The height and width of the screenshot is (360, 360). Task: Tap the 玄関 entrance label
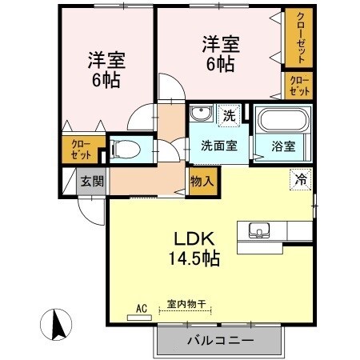point(91,181)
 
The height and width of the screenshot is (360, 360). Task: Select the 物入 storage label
point(202,181)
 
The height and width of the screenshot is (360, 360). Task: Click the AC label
point(142,306)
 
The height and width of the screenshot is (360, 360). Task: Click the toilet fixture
point(126,149)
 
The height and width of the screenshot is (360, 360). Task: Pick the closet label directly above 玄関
point(81,150)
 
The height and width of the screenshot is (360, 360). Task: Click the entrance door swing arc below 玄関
point(90,210)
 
